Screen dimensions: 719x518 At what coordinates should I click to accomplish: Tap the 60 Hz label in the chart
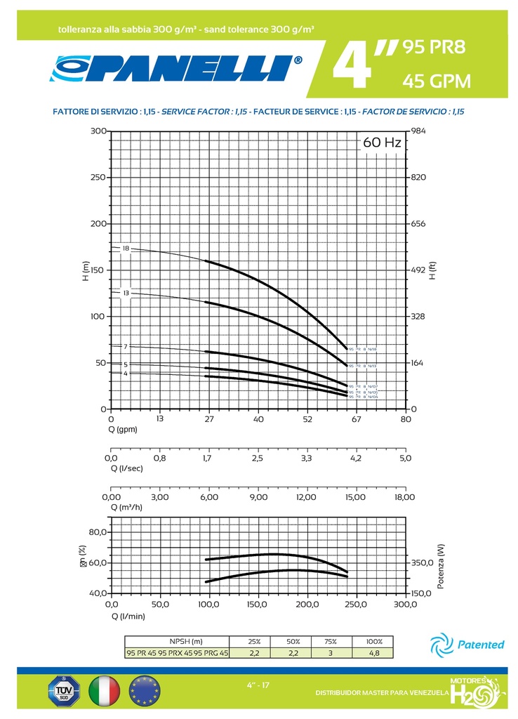point(382,143)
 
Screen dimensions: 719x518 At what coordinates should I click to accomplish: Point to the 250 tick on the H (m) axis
point(98,177)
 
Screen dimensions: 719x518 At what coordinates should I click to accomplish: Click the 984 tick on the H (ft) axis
point(418,131)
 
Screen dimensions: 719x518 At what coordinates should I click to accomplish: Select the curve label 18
point(126,249)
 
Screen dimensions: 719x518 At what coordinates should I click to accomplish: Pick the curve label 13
point(126,292)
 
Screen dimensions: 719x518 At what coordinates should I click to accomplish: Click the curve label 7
point(126,346)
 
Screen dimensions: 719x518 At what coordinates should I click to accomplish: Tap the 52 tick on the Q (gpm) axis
point(307,419)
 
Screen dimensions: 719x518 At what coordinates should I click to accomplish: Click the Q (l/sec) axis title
point(128,468)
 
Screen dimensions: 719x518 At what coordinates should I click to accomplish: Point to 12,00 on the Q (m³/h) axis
point(307,496)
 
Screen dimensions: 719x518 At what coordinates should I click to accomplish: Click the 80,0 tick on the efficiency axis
point(97,532)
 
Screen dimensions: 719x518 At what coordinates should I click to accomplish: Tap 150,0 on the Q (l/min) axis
point(258,604)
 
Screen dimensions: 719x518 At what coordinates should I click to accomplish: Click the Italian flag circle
point(103,691)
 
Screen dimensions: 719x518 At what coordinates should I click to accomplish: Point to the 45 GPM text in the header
point(435,82)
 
